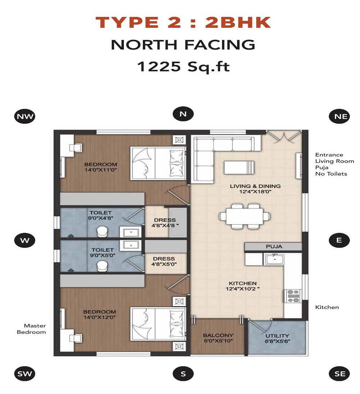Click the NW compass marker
click(25, 116)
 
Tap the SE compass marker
click(340, 374)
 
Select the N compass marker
click(183, 114)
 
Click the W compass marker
click(25, 240)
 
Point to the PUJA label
click(274, 247)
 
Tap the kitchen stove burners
click(293, 296)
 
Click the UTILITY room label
click(277, 336)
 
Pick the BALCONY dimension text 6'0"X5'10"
click(218, 341)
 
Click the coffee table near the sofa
click(239, 167)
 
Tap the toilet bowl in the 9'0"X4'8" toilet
click(102, 231)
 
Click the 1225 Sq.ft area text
click(184, 67)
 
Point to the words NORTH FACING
click(183, 45)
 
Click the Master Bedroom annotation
click(32, 329)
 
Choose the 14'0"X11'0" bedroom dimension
click(101, 170)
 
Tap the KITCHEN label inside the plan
click(243, 283)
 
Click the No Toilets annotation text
click(331, 174)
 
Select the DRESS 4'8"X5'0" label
click(164, 261)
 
